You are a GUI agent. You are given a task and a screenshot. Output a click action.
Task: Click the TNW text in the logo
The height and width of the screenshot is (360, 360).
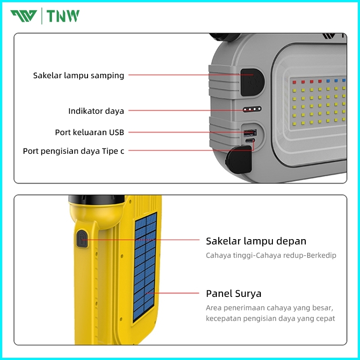pos(64,16)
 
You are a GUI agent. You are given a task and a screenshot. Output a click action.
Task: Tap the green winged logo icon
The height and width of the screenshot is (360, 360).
pos(24,16)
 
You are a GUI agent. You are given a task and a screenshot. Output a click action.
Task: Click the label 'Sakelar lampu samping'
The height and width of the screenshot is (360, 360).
pos(79,76)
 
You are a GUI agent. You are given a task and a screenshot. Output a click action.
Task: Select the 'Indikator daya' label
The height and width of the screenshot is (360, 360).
pos(96,111)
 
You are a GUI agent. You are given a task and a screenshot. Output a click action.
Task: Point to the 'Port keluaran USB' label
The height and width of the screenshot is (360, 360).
pos(89,132)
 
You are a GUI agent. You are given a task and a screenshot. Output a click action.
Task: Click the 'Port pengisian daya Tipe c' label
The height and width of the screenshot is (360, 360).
pos(73,151)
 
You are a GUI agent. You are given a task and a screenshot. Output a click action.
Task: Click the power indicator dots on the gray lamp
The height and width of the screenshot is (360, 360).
pos(252,109)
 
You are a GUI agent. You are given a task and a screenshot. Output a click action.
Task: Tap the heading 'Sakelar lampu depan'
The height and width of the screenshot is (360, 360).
pos(256,241)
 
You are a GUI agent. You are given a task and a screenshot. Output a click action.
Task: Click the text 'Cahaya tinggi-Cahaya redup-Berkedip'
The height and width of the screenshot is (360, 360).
pos(271,256)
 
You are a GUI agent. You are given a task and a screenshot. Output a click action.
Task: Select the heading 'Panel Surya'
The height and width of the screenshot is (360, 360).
pos(233,294)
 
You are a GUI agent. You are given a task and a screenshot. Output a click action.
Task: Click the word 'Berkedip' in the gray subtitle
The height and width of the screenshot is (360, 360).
pos(321,256)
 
